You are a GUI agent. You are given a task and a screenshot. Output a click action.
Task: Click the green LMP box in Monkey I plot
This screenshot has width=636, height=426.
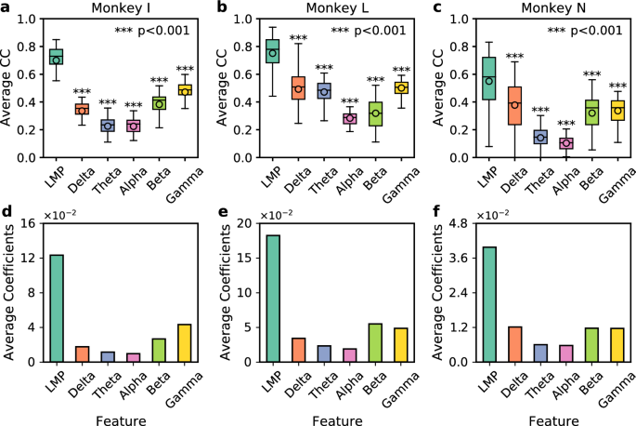tap(56, 57)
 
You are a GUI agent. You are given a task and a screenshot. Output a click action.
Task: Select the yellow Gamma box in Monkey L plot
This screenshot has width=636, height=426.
tap(402, 87)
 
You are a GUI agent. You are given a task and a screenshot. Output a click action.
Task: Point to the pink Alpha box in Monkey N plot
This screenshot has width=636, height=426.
tap(565, 143)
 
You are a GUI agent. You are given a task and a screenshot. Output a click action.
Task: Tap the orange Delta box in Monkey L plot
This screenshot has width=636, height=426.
tap(298, 88)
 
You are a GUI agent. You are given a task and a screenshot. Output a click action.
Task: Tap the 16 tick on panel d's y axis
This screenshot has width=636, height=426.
tap(25, 224)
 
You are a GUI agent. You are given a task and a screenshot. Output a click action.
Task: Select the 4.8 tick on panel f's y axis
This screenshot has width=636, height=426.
tap(457, 224)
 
